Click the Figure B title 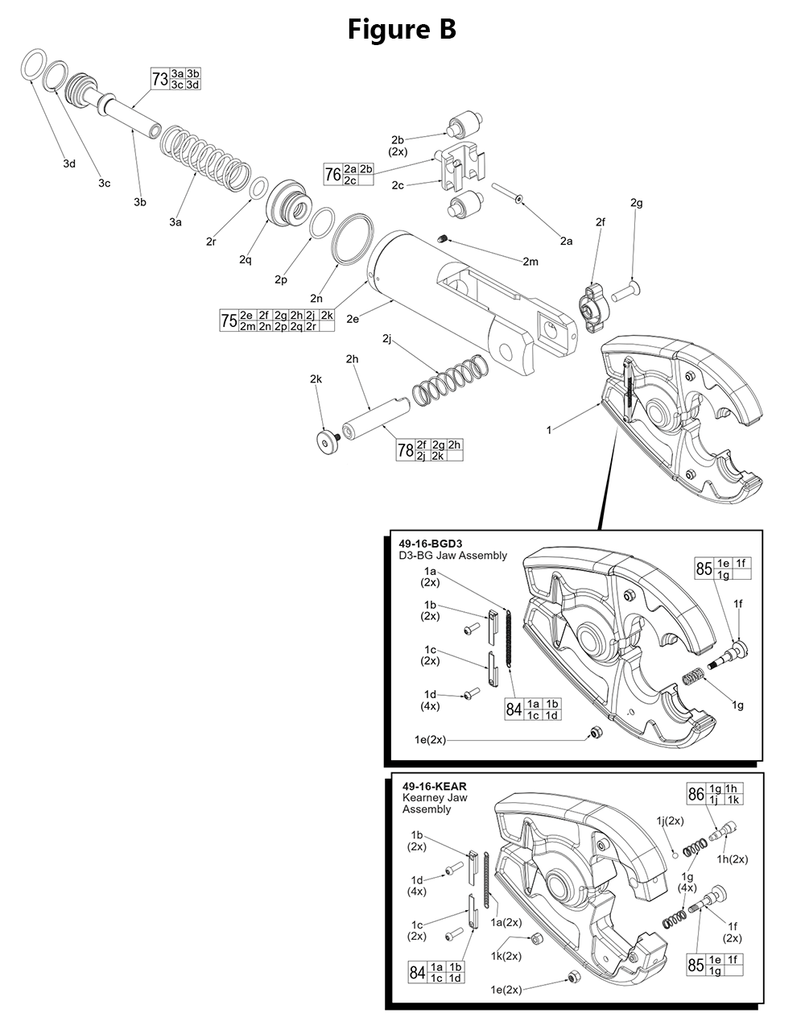pyautogui.click(x=402, y=30)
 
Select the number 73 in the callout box pyautogui.click(x=160, y=79)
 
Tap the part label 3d pyautogui.click(x=69, y=163)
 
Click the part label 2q pyautogui.click(x=246, y=260)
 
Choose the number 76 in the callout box pyautogui.click(x=332, y=174)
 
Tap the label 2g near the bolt pyautogui.click(x=637, y=203)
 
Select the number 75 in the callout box pyautogui.click(x=229, y=321)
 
